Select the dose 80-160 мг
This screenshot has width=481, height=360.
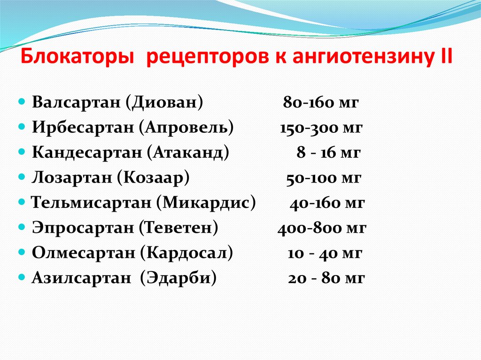[321, 102]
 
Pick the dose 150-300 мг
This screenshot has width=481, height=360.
[321, 128]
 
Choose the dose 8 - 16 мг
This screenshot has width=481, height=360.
[328, 153]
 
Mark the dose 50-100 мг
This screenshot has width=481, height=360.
[324, 178]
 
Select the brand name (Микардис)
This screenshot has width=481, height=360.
[207, 203]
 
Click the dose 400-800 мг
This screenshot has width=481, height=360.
[322, 229]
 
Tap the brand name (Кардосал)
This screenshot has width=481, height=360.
[186, 253]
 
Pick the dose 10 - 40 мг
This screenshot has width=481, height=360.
[325, 253]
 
